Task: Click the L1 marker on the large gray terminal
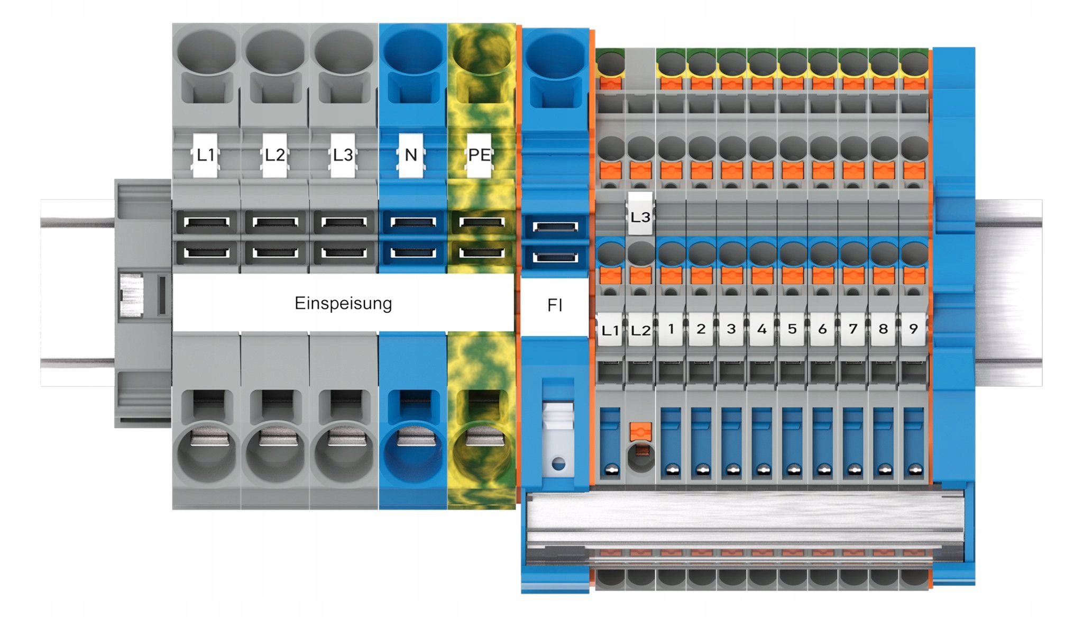(x=205, y=155)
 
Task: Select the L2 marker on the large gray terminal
(x=274, y=155)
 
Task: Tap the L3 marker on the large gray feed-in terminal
(x=343, y=155)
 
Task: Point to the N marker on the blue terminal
(x=411, y=155)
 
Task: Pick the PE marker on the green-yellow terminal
(x=479, y=155)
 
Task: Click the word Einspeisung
(x=343, y=303)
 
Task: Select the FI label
(x=555, y=305)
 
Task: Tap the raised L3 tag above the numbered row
(x=640, y=214)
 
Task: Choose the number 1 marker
(x=671, y=329)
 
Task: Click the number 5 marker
(x=792, y=329)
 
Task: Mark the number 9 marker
(x=913, y=329)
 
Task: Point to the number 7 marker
(x=853, y=329)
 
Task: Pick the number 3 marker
(x=731, y=329)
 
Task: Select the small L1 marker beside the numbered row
(x=610, y=330)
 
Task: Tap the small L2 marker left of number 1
(x=640, y=330)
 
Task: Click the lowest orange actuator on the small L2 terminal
(x=640, y=431)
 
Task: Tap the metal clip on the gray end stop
(x=131, y=296)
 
